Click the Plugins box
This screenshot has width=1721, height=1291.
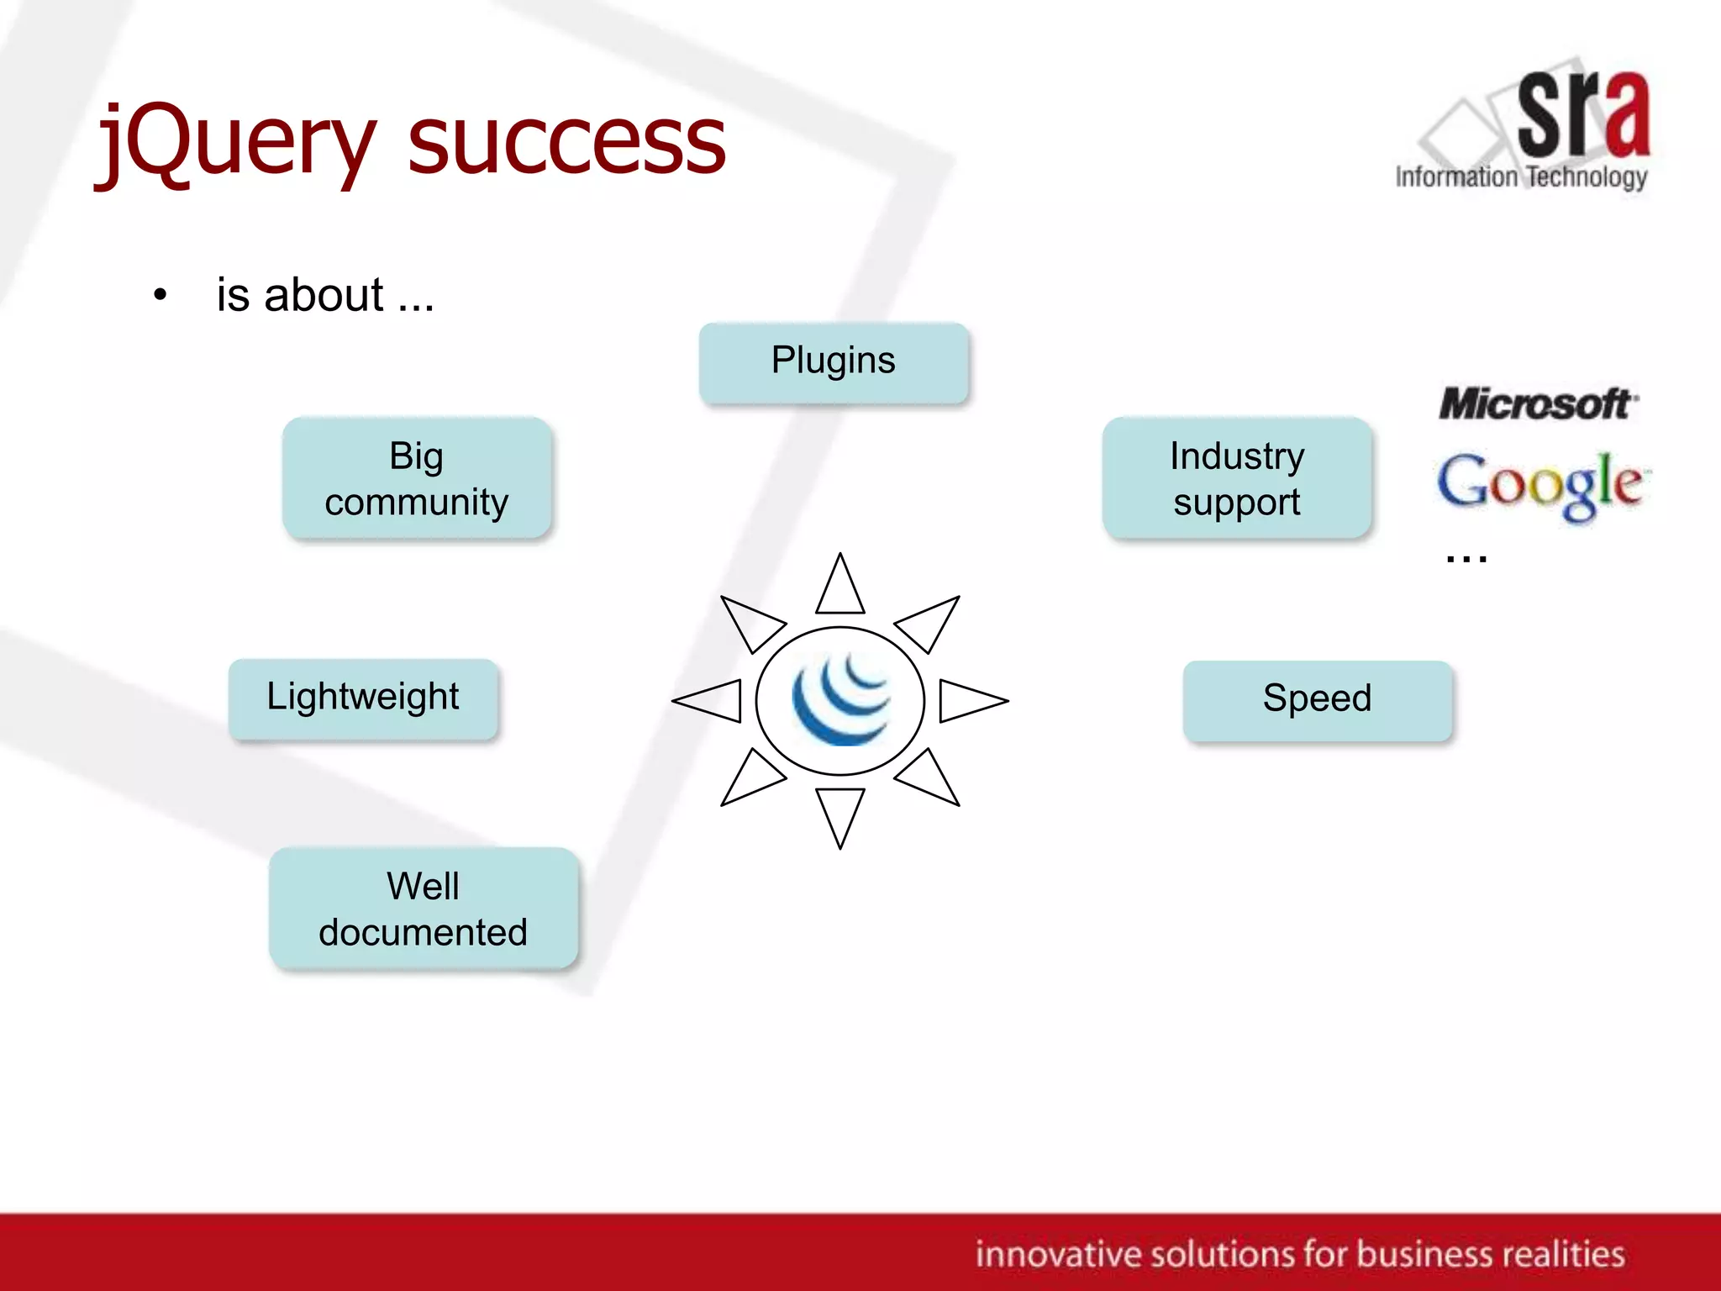834,361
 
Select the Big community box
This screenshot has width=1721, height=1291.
417,478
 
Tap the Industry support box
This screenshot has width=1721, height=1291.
1237,478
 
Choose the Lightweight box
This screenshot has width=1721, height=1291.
363,698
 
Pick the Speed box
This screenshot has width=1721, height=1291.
1317,699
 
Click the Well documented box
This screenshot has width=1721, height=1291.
424,909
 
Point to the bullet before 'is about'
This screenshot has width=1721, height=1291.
160,296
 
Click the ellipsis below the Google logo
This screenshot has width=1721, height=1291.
1466,557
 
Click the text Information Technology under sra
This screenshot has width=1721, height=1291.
1521,177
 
